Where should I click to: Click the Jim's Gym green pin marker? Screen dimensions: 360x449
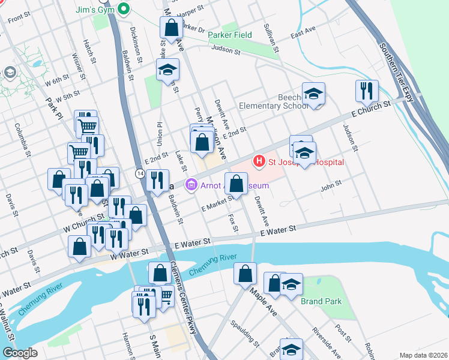tap(124, 9)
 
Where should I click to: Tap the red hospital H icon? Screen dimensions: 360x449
tap(259, 161)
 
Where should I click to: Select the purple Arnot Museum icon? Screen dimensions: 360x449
tap(191, 185)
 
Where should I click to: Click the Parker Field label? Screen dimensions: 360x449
tap(230, 35)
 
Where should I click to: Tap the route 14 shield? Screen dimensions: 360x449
tap(139, 173)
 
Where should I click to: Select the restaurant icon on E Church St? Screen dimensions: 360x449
tap(366, 91)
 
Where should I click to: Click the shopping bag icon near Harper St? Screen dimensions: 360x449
tap(171, 27)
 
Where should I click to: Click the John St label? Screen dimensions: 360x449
tap(331, 187)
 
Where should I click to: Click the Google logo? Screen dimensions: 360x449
tap(20, 353)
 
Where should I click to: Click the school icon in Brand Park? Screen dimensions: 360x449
tap(291, 284)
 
